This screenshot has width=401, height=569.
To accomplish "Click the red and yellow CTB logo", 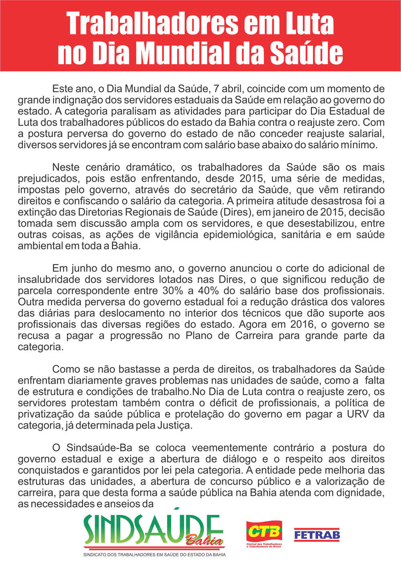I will click(264, 533).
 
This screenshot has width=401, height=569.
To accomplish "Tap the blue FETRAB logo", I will click(317, 535).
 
